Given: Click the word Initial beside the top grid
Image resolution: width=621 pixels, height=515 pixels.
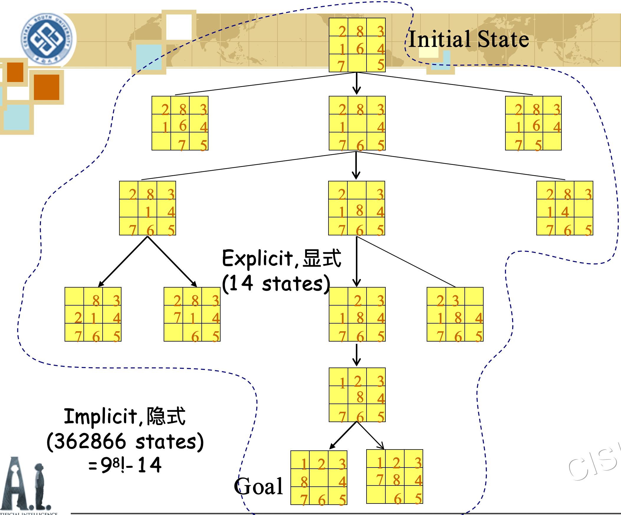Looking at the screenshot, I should [x=439, y=39].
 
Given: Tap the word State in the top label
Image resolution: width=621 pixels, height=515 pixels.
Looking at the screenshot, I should [x=503, y=39].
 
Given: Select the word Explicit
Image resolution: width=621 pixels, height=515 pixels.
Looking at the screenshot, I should [x=257, y=258].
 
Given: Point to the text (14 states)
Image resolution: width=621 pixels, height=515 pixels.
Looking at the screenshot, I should [x=276, y=284].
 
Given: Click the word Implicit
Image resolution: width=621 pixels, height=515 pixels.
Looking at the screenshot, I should [x=101, y=416].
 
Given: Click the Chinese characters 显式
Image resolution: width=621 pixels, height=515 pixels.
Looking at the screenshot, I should [x=322, y=258].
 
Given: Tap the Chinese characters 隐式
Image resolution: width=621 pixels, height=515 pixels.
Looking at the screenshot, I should [x=166, y=416].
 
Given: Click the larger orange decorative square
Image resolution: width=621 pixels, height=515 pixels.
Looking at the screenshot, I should [x=46, y=87].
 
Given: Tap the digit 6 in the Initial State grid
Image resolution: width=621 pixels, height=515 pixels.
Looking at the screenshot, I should [x=359, y=49].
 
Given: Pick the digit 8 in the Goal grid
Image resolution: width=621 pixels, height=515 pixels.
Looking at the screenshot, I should [x=304, y=482].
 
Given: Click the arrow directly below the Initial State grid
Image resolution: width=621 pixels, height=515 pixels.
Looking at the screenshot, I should [x=356, y=84].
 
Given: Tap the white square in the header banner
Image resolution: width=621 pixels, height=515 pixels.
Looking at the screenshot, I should [x=179, y=27].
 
